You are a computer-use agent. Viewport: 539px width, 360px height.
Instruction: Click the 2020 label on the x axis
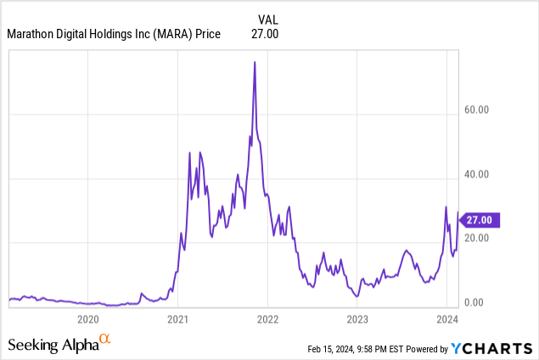point(88,320)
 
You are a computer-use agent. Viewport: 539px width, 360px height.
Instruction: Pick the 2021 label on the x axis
point(177,320)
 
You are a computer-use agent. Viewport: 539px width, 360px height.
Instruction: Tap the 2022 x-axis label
point(267,320)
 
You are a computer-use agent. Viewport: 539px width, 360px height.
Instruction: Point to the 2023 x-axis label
point(357,320)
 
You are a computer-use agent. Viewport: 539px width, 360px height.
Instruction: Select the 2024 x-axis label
point(446,320)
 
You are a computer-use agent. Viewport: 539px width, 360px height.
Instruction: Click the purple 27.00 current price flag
point(480,219)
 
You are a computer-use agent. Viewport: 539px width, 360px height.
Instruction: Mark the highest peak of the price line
point(255,62)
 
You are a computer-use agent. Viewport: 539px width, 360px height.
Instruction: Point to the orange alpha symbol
point(105,340)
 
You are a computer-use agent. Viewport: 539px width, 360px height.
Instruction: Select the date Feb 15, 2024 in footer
point(331,349)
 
